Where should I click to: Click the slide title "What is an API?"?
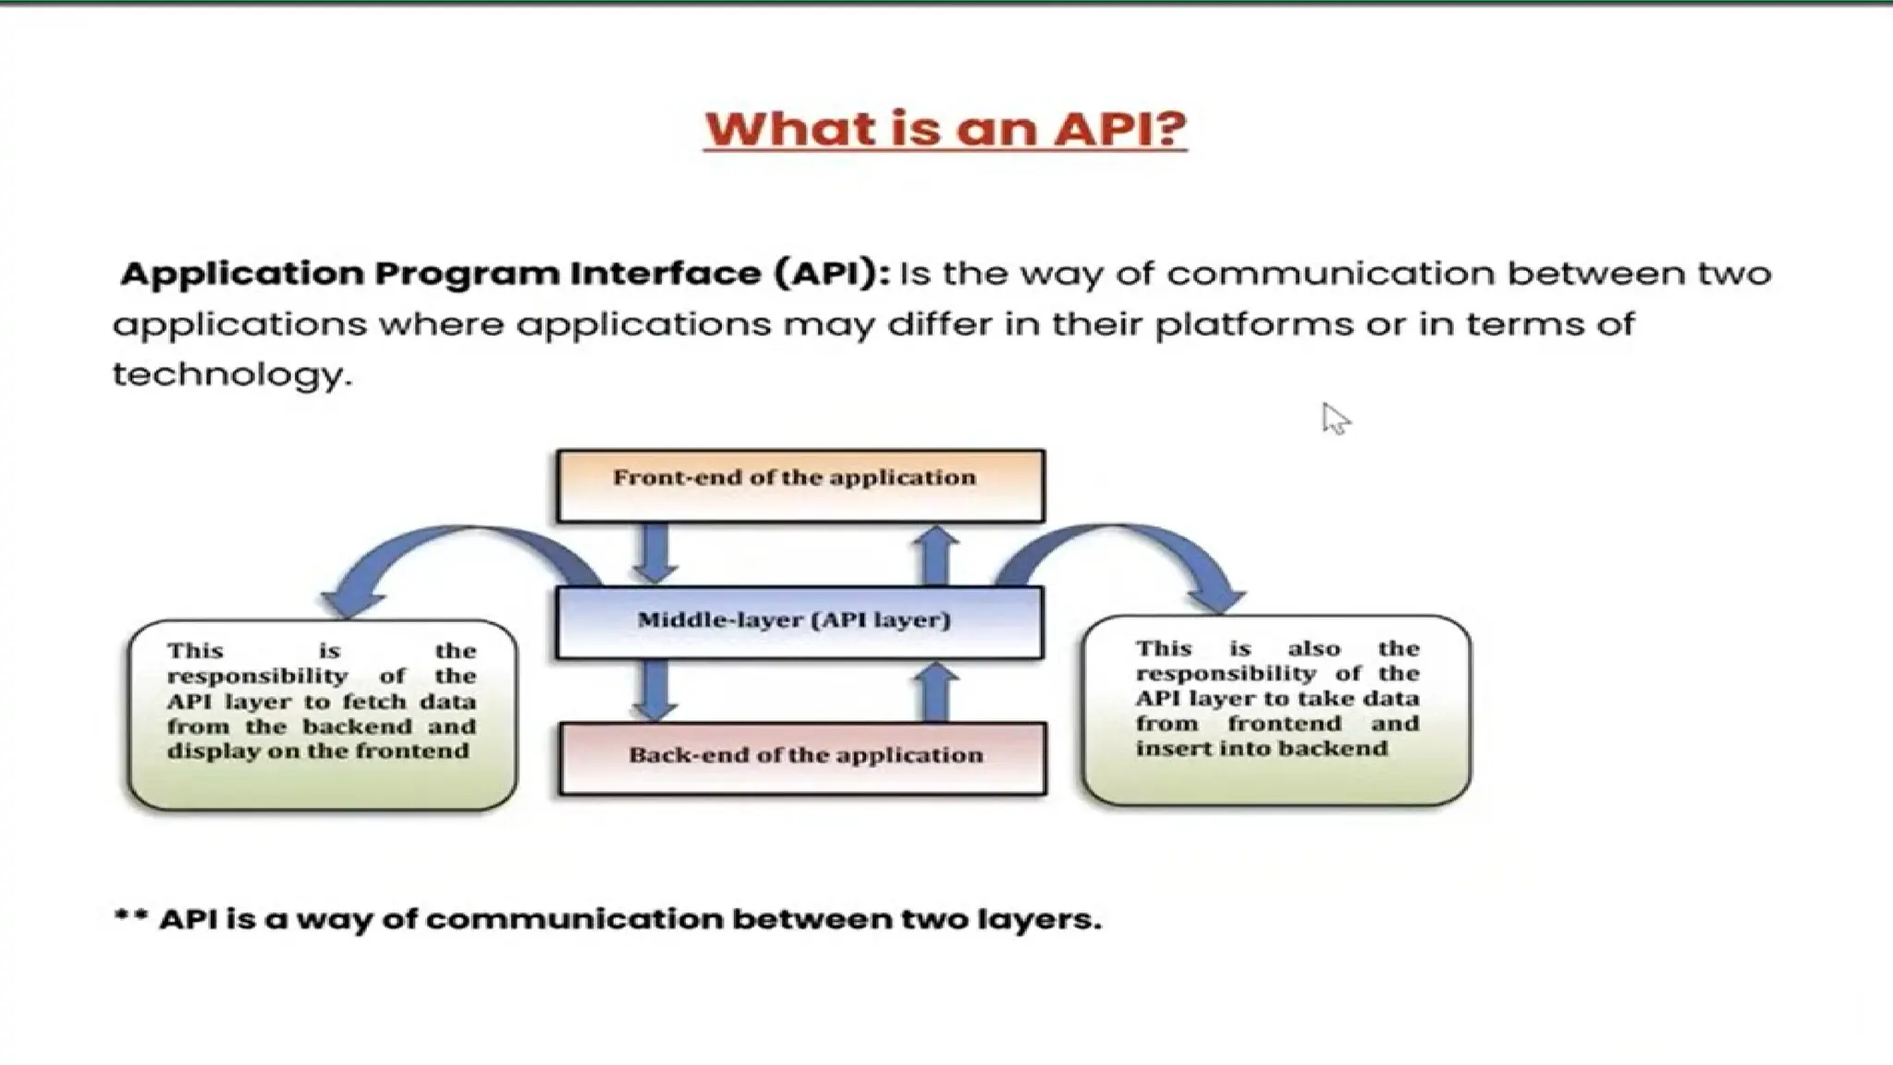pos(945,129)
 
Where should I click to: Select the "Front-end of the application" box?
pos(800,485)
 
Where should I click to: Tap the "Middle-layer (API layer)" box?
pos(800,621)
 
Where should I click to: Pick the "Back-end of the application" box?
pos(802,758)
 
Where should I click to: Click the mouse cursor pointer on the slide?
pos(1334,419)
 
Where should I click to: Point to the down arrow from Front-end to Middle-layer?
pos(655,553)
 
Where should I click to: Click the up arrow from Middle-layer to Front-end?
pos(937,555)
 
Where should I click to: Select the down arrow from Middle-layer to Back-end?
pos(655,690)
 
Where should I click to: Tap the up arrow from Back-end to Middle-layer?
pos(937,692)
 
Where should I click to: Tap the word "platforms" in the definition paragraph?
pos(1253,324)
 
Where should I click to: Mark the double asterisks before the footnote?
pos(130,917)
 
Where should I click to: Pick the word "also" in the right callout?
pos(1313,648)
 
